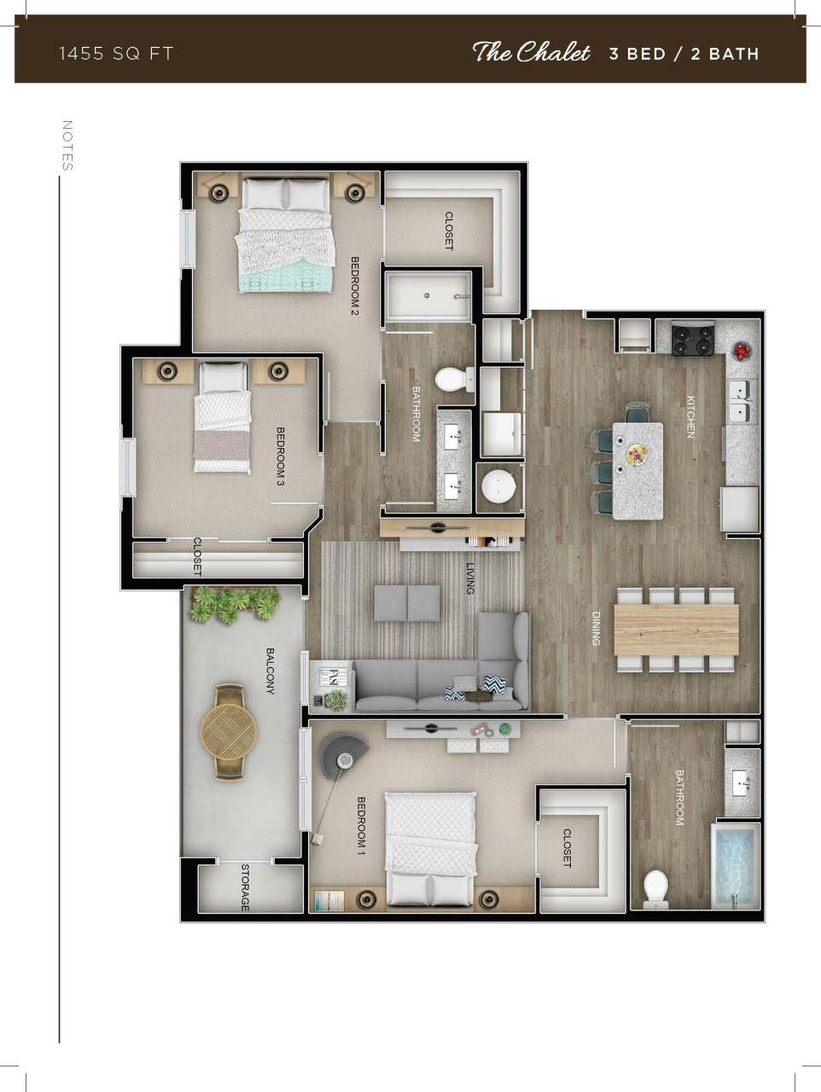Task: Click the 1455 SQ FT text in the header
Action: (116, 54)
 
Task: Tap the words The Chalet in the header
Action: (531, 53)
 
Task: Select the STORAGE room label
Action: (245, 887)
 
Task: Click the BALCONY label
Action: (271, 671)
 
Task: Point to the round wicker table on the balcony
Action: (229, 731)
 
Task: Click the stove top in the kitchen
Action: (692, 340)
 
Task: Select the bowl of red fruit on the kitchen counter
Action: (742, 350)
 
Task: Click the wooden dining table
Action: (676, 630)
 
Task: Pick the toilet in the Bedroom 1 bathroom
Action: (655, 886)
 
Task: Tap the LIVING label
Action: (469, 578)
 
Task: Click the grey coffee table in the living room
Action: (407, 602)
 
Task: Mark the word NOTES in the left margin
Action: (67, 145)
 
